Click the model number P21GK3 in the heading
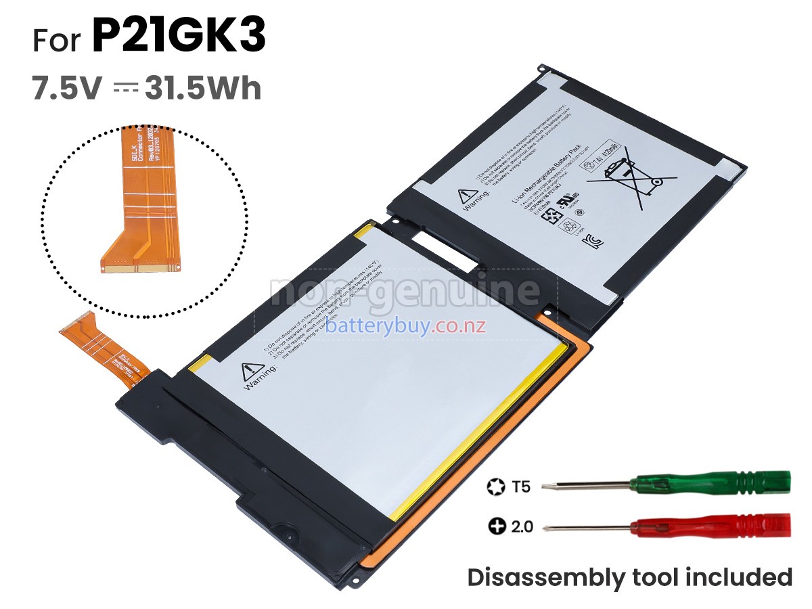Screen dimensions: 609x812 click(179, 37)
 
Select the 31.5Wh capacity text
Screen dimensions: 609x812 click(203, 89)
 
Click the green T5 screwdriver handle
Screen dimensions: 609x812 click(710, 483)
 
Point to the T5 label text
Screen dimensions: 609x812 click(521, 486)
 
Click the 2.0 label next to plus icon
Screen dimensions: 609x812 click(522, 526)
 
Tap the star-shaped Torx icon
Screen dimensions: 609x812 click(495, 486)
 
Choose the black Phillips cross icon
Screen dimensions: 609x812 click(496, 526)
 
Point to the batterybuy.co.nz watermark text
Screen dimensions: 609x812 click(406, 327)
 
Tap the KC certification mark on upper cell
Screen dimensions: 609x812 click(597, 239)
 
